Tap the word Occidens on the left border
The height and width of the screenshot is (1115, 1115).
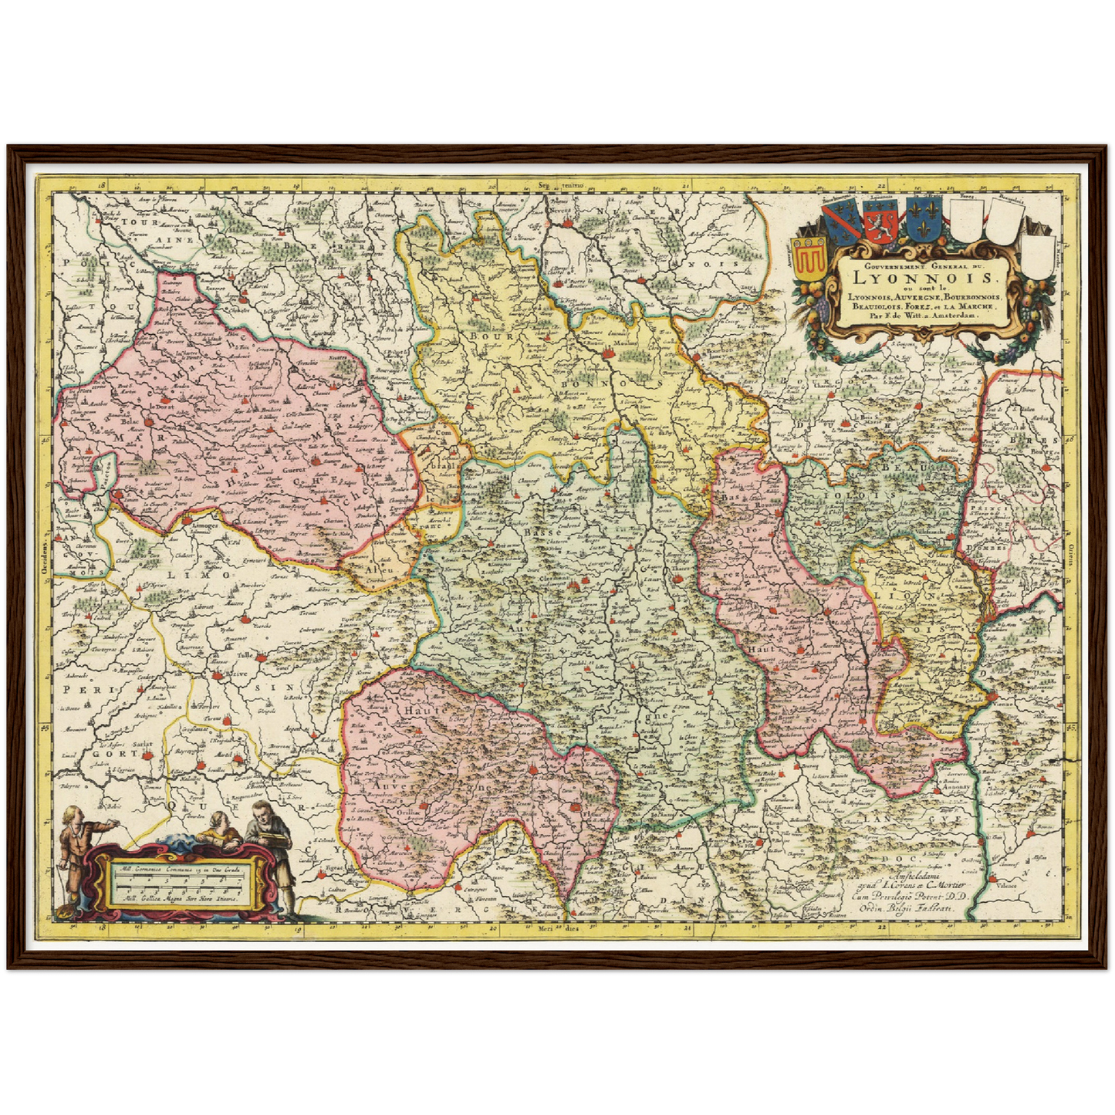44,556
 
